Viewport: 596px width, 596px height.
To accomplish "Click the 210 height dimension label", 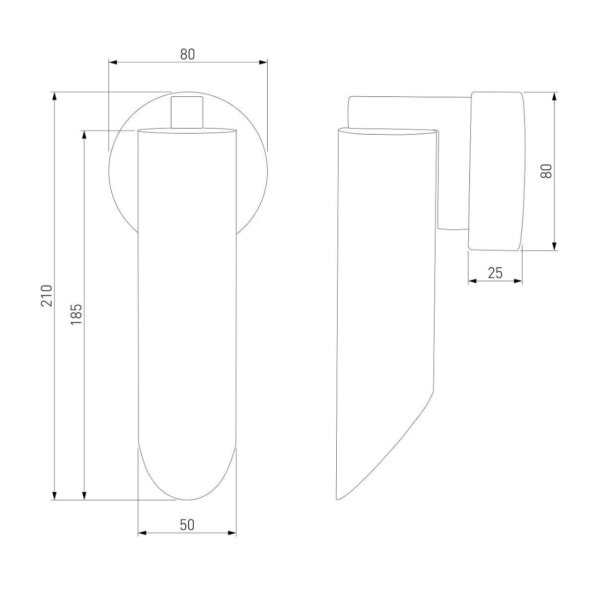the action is click(x=47, y=296).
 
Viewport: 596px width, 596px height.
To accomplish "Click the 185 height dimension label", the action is click(x=76, y=314).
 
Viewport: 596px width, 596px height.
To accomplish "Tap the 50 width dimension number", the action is click(x=187, y=524).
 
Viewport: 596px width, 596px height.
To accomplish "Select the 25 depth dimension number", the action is click(x=495, y=273).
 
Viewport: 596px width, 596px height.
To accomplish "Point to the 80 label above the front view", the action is click(x=187, y=55).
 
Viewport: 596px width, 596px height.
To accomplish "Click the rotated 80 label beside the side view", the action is click(x=546, y=171).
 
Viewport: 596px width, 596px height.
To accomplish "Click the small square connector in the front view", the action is click(x=187, y=112).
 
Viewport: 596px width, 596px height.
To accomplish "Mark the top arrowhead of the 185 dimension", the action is click(x=84, y=135).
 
